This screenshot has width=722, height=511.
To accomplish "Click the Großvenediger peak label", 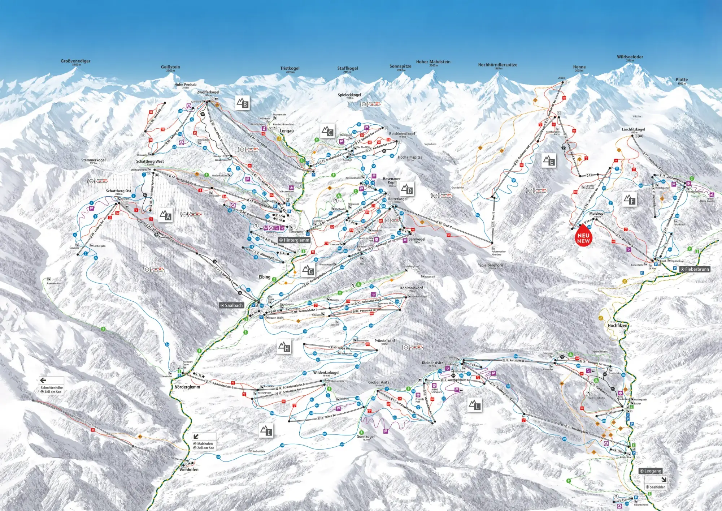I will (x=75, y=61).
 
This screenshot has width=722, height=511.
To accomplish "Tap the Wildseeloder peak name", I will (x=630, y=57).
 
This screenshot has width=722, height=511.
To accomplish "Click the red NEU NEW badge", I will (x=583, y=237).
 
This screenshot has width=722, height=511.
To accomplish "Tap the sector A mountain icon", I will (x=165, y=215).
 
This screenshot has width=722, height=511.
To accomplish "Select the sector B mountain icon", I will (x=243, y=103).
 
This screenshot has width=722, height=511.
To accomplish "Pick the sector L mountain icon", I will (x=475, y=405).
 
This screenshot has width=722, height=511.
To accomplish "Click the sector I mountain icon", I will (x=266, y=430).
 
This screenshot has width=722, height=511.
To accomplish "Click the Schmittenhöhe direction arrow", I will (x=43, y=380).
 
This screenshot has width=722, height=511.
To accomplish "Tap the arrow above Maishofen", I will (x=196, y=437).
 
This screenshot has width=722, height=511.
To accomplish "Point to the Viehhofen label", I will (x=189, y=469).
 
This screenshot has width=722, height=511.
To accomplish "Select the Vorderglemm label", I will (x=187, y=387).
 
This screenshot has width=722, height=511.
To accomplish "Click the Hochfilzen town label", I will (x=618, y=325).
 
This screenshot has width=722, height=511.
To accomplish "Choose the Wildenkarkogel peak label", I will (x=326, y=373).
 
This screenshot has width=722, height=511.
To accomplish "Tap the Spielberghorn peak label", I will (x=491, y=265).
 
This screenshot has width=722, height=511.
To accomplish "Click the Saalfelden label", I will (x=657, y=487).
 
